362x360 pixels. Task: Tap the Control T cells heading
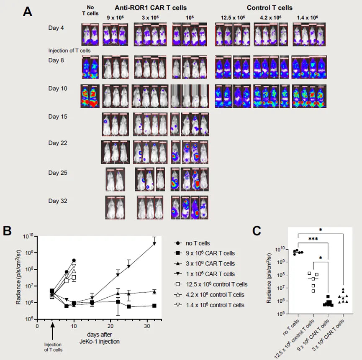point(269,8)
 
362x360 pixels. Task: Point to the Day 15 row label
point(58,117)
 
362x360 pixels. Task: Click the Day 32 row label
point(58,201)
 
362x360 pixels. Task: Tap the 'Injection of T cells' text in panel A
point(69,51)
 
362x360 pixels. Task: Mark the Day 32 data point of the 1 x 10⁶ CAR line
point(154,244)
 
